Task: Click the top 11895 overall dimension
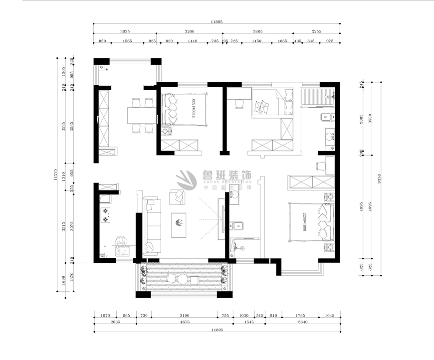click(216, 21)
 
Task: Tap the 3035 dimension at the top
click(125, 31)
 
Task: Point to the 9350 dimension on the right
click(380, 178)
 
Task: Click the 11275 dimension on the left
click(57, 178)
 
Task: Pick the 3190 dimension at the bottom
click(184, 316)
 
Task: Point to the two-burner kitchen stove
click(106, 215)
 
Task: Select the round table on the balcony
click(183, 279)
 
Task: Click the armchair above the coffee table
click(177, 196)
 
